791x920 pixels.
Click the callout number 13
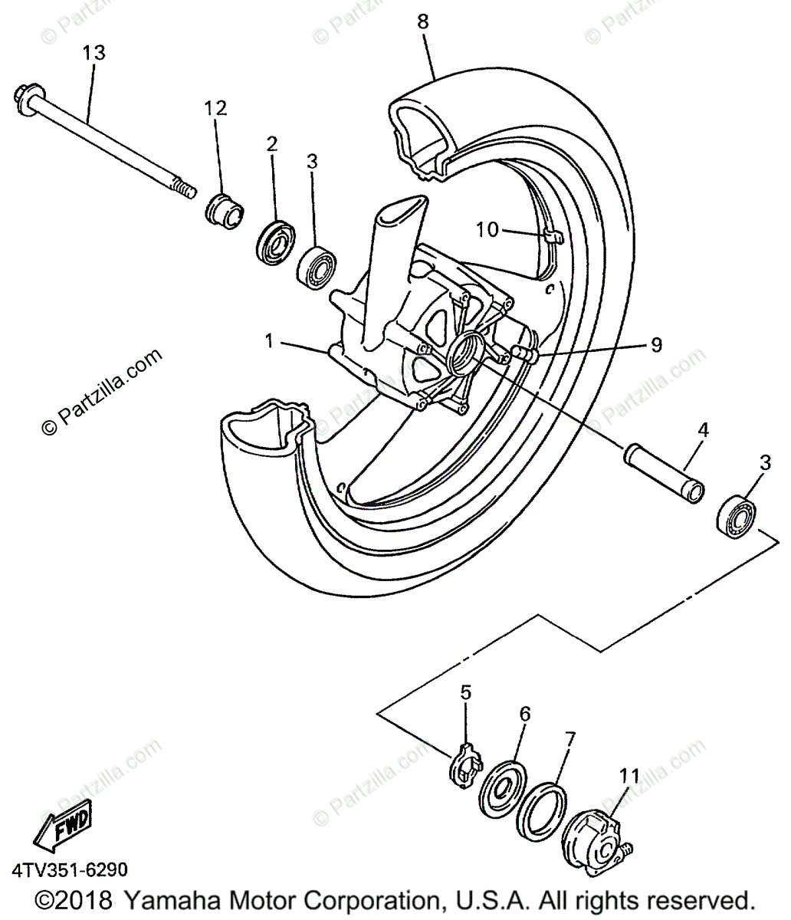point(94,54)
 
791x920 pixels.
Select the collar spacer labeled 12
point(223,208)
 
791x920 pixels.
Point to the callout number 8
point(423,21)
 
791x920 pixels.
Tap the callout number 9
point(656,346)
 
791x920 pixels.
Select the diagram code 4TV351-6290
point(70,871)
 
